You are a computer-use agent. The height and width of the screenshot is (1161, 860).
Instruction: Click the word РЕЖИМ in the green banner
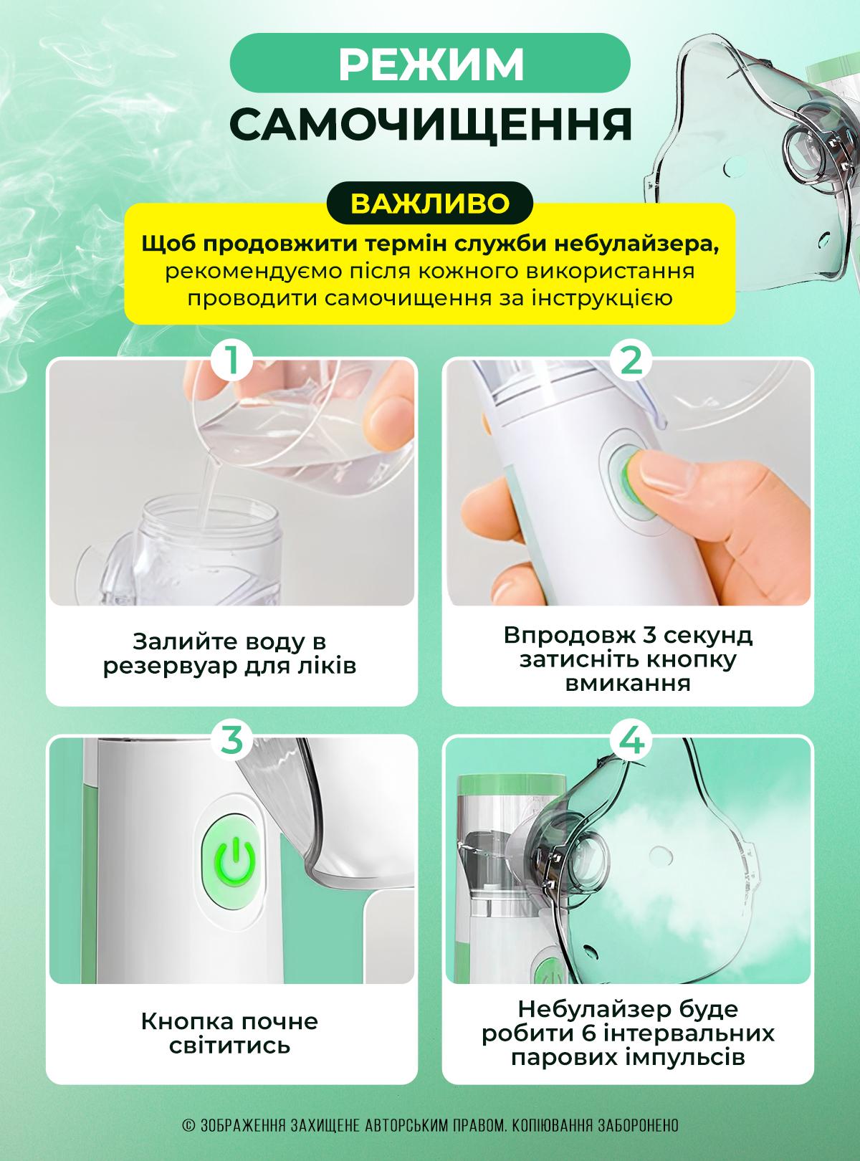pos(431,64)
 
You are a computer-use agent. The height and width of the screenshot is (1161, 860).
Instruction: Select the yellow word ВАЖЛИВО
pos(430,203)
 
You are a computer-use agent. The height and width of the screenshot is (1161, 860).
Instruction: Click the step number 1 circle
pos(232,360)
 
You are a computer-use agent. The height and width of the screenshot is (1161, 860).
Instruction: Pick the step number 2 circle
pos(632,360)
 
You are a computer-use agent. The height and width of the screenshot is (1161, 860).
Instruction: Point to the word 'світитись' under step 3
pos(230,1046)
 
